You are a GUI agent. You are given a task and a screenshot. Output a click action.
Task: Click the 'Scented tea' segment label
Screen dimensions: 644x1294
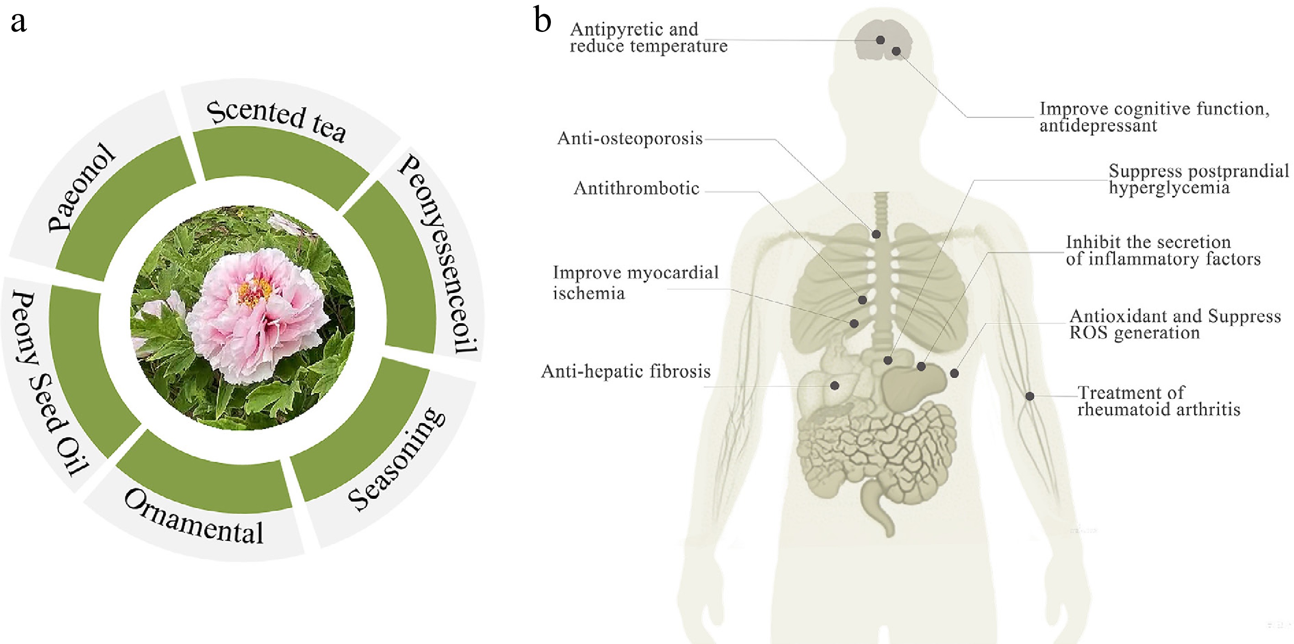(276, 120)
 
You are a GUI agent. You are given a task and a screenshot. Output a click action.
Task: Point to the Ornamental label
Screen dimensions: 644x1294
(194, 518)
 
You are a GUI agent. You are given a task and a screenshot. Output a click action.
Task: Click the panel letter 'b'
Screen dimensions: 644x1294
(543, 21)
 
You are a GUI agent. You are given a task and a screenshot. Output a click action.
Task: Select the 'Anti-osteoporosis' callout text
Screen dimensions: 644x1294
(630, 139)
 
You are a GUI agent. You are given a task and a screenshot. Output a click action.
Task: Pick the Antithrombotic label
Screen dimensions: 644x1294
(636, 188)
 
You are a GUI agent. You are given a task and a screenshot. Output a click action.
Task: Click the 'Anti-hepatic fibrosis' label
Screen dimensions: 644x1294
(626, 372)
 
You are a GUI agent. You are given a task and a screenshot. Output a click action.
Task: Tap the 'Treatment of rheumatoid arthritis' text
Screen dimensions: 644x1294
(1158, 401)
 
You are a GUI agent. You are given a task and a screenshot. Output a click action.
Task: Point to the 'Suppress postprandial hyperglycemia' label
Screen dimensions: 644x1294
(1199, 179)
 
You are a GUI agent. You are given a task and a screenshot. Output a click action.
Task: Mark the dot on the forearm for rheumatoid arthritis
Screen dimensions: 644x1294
(1030, 396)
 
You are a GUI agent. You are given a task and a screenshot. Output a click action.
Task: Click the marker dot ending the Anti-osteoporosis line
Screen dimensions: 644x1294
(876, 234)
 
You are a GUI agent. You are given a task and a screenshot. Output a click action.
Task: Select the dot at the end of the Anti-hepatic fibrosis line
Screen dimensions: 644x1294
(834, 386)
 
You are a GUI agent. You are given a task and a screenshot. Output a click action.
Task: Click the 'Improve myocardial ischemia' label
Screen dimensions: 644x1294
(635, 283)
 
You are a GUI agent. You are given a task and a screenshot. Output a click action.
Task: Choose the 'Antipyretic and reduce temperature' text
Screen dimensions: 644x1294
(648, 38)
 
